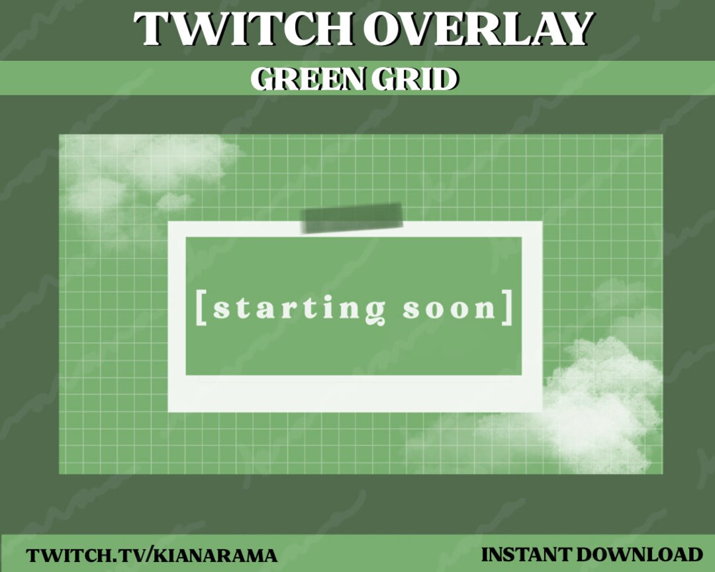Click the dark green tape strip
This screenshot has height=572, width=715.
click(352, 217)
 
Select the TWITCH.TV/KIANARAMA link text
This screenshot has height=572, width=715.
click(152, 555)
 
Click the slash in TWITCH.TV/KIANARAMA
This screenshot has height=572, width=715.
click(148, 555)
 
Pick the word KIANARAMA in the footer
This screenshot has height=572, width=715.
click(215, 555)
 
